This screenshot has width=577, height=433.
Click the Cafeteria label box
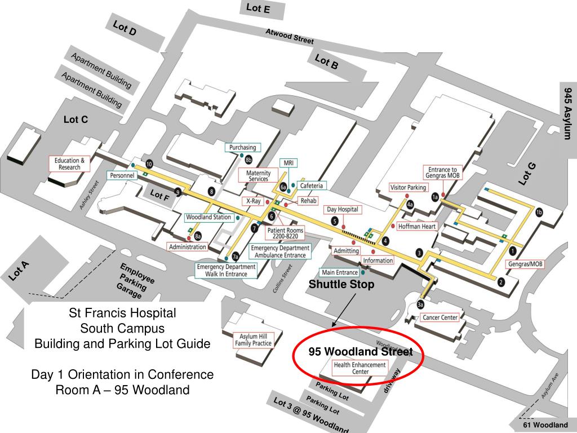pyautogui.click(x=312, y=185)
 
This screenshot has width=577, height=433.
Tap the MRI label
pyautogui.click(x=288, y=163)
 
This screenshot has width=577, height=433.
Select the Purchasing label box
pyautogui.click(x=243, y=148)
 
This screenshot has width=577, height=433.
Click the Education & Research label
pyautogui.click(x=69, y=164)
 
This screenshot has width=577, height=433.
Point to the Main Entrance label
pyautogui.click(x=339, y=272)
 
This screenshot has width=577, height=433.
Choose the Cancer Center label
pyautogui.click(x=441, y=317)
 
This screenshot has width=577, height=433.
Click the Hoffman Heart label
pyautogui.click(x=417, y=227)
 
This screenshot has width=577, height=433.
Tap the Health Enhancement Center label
pyautogui.click(x=360, y=369)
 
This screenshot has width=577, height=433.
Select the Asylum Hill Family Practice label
pyautogui.click(x=253, y=340)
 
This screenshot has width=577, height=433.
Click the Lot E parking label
pyautogui.click(x=258, y=9)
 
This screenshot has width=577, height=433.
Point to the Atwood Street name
pyautogui.click(x=290, y=37)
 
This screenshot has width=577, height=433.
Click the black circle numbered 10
pyautogui.click(x=149, y=164)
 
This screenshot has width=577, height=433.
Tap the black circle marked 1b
pyautogui.click(x=539, y=212)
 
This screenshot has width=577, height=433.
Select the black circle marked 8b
pyautogui.click(x=248, y=160)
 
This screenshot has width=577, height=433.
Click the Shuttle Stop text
pyautogui.click(x=341, y=285)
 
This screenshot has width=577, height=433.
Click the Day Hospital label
pyautogui.click(x=343, y=209)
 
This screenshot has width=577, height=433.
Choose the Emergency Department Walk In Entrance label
pyautogui.click(x=226, y=271)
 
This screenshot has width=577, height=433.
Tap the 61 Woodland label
pyautogui.click(x=545, y=425)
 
